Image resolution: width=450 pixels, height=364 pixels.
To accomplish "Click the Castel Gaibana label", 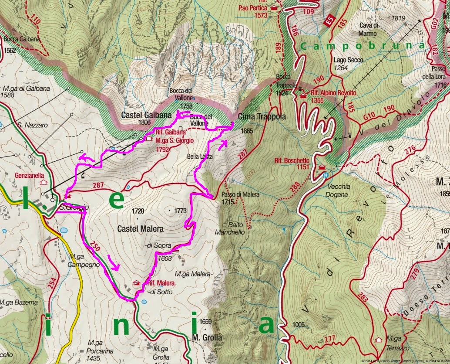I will (x=140, y=116).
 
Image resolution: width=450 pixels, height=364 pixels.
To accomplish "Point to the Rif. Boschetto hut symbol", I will (x=322, y=167).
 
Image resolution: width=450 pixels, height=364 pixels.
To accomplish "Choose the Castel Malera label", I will (x=140, y=229).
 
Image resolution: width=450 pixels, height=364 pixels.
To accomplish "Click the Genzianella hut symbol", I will (x=43, y=182).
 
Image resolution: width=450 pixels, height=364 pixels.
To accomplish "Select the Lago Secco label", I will (x=346, y=60).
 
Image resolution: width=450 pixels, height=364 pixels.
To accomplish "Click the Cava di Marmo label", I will (x=368, y=29).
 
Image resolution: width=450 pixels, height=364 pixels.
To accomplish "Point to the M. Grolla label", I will (x=207, y=337).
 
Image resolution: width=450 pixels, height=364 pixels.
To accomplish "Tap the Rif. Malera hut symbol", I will (x=138, y=283).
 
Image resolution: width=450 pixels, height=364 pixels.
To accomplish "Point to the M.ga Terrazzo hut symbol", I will (x=379, y=339).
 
